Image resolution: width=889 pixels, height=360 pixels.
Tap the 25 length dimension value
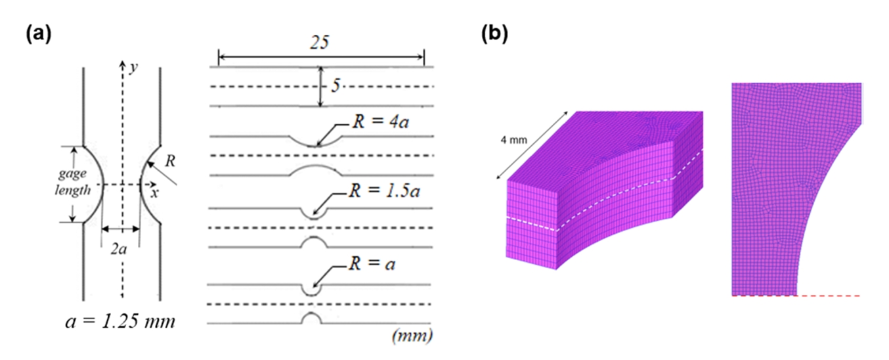(x=322, y=43)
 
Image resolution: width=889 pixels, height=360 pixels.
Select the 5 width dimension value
(x=335, y=86)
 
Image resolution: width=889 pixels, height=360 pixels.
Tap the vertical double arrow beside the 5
(x=320, y=86)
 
